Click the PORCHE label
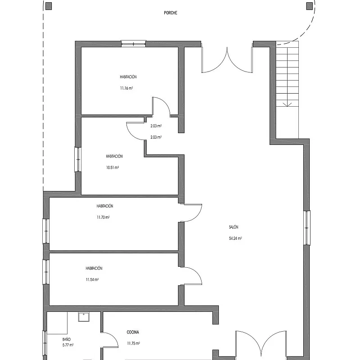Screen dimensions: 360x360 click(171, 13)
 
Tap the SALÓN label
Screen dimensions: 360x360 click(234, 227)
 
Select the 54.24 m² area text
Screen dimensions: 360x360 click(235, 238)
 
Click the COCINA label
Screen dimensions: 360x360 click(133, 332)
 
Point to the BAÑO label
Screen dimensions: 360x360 click(67, 339)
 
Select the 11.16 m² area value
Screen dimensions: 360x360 click(126, 88)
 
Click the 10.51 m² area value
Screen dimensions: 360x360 click(112, 167)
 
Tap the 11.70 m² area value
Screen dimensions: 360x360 click(103, 217)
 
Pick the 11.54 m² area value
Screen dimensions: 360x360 click(92, 279)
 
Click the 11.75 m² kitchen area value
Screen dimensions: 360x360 click(134, 343)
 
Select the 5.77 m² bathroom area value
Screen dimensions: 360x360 click(68, 345)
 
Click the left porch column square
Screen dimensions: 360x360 click(49, 6)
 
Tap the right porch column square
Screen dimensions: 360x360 click(310, 6)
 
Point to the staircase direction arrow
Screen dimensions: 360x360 click(287, 105)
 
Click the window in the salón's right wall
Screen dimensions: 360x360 click(307, 228)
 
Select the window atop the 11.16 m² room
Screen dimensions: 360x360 click(133, 44)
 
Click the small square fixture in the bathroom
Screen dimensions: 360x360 click(84, 317)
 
